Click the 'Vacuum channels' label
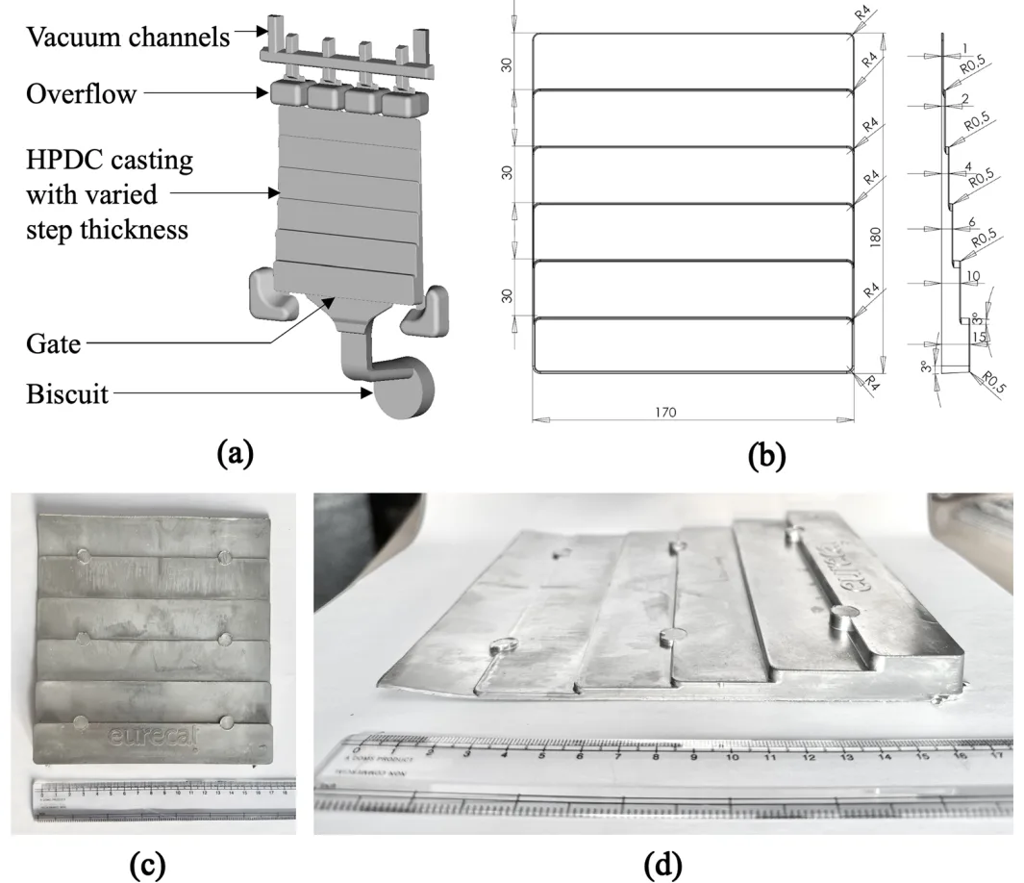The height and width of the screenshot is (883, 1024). pyautogui.click(x=129, y=38)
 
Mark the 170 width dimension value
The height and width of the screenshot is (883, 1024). pyautogui.click(x=665, y=413)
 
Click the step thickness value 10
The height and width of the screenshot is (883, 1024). pyautogui.click(x=974, y=276)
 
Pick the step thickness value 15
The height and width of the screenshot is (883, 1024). pyautogui.click(x=979, y=338)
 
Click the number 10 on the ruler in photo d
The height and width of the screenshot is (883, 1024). pyautogui.click(x=734, y=756)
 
